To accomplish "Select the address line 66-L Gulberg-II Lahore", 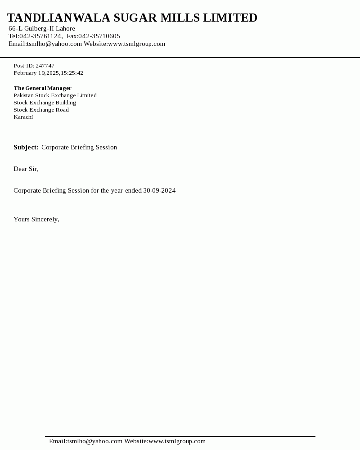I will [42, 29].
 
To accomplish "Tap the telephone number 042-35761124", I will [40, 36].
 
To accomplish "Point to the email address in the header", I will [54, 44].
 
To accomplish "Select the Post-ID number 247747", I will [45, 66].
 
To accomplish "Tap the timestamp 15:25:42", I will [72, 73].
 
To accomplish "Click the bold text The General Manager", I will [42, 88].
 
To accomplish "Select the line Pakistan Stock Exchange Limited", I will [55, 95].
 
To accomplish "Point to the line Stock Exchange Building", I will [45, 103].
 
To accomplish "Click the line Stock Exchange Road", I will [41, 110].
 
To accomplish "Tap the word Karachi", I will [23, 117].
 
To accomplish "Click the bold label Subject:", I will [26, 148].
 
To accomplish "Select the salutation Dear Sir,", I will [26, 169].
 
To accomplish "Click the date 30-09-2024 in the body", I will [159, 191].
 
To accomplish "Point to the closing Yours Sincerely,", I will [36, 220].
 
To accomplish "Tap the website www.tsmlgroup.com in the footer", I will [177, 441].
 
